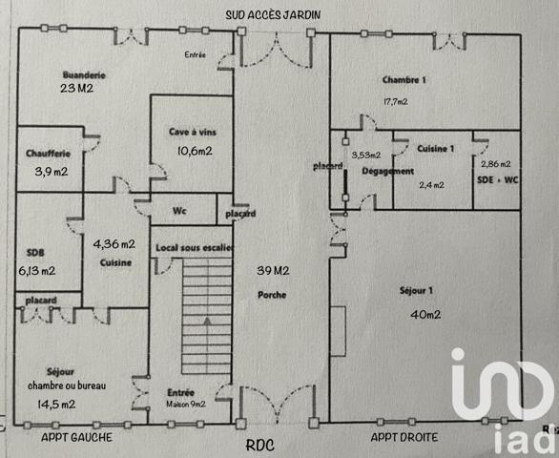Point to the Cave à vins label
pos(190,135)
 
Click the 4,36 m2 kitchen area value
pos(114,243)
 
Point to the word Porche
pos(273,293)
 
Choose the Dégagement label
pos(388,171)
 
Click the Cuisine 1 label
pos(436,149)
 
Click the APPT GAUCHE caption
pos(77,438)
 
